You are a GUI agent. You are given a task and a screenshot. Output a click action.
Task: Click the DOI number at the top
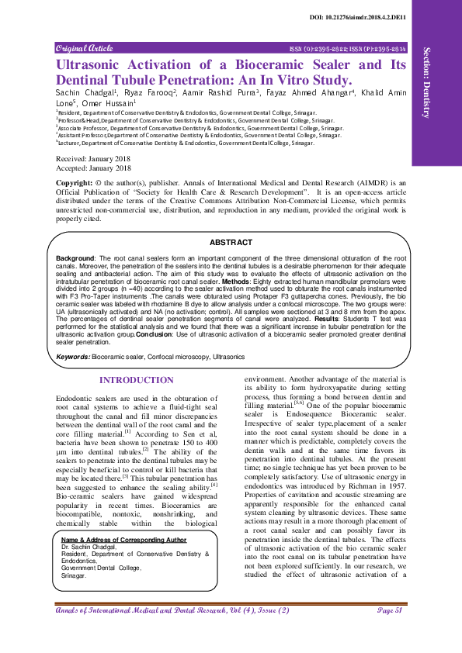coord(380,17)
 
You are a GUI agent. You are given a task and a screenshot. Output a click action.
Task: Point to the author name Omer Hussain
coord(108,102)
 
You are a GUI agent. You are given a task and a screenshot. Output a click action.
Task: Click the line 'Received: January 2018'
coord(92,157)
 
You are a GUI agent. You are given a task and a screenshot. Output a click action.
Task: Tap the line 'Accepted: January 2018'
coord(92,167)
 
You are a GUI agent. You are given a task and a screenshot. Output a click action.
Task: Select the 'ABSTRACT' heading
coord(231,243)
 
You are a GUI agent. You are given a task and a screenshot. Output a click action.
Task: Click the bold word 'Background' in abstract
coord(75,256)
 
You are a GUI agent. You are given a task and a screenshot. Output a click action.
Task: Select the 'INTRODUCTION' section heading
coord(137,380)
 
